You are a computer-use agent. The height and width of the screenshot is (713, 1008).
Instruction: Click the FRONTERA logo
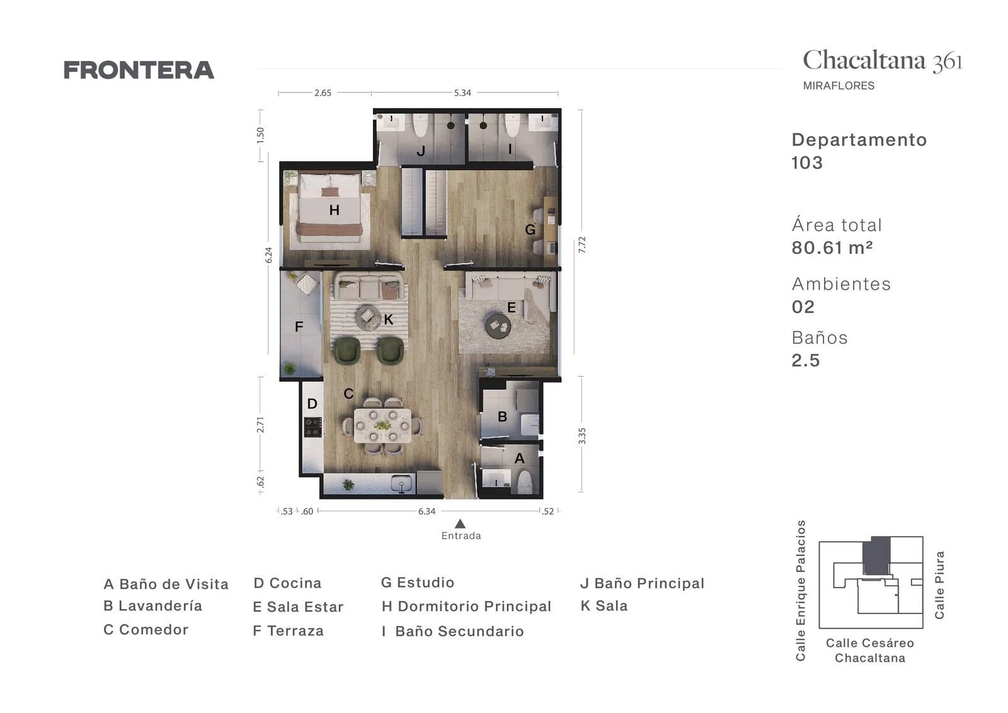point(139,70)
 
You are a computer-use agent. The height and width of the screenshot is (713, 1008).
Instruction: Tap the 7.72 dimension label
point(582,245)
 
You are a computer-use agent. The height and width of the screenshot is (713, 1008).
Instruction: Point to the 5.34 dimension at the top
point(462,93)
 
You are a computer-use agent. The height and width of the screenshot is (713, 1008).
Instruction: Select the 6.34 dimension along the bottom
point(427,511)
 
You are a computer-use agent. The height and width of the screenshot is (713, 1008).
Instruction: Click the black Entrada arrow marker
point(460,523)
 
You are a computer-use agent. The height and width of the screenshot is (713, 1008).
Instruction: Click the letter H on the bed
point(334,210)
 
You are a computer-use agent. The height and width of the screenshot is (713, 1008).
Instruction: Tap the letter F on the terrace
point(299,327)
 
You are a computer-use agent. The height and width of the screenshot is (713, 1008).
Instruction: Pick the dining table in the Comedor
point(382,426)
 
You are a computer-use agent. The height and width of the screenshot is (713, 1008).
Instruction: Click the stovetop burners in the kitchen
point(313,427)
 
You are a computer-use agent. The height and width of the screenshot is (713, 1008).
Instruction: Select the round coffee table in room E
point(498,325)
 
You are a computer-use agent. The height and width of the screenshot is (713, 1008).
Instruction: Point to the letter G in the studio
point(530,230)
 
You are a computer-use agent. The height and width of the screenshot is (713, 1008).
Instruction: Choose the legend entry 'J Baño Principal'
point(642,583)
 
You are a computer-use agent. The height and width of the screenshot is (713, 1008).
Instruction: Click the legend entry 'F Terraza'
point(288,630)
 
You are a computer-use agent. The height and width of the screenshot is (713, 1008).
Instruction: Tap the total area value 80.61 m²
point(832,248)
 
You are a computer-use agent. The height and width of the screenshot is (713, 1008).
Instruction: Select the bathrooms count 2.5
point(806,360)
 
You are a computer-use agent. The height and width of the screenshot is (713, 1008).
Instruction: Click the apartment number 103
point(807,163)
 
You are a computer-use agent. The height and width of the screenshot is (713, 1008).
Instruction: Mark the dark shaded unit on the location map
point(876,555)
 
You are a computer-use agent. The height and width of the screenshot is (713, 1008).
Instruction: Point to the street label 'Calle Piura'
point(939,585)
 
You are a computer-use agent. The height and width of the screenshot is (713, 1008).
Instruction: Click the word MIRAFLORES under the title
point(839,86)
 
